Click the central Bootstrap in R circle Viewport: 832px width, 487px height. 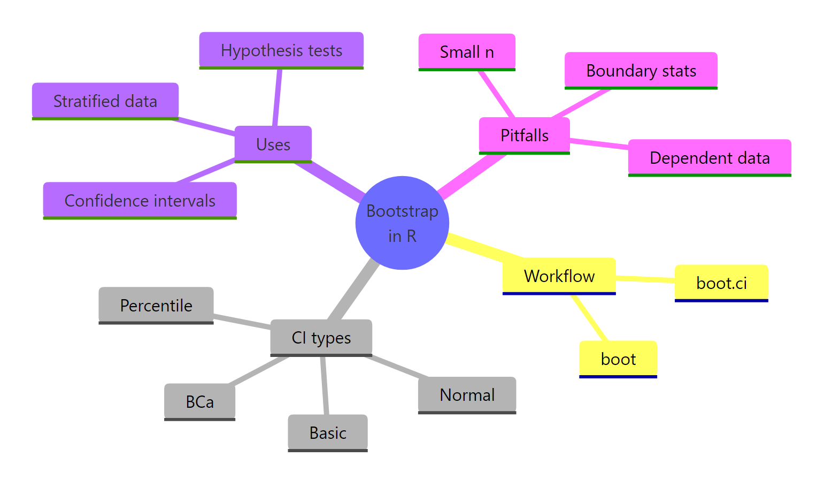point(402,223)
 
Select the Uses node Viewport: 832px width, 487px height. point(273,144)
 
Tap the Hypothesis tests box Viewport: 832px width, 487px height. point(281,50)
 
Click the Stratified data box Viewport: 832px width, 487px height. point(105,101)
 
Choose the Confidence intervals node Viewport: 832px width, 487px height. point(140,200)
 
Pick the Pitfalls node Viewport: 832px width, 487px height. point(524,135)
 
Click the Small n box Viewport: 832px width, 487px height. point(467,52)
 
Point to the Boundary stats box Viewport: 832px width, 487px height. point(641,71)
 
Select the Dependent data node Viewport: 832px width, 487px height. point(709,158)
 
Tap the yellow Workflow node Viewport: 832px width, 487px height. point(559,276)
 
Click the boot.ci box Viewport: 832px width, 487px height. point(721,283)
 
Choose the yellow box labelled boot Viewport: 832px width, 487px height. point(618,359)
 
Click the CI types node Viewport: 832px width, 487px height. point(321,338)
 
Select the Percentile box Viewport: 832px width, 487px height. point(156,305)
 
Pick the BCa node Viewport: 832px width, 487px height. point(199,401)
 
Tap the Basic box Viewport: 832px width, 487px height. point(328,432)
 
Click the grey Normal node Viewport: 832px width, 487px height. point(467,395)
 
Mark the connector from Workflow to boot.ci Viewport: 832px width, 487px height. point(645,279)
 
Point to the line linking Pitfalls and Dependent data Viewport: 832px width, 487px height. point(599,143)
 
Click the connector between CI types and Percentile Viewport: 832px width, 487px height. point(242,322)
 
